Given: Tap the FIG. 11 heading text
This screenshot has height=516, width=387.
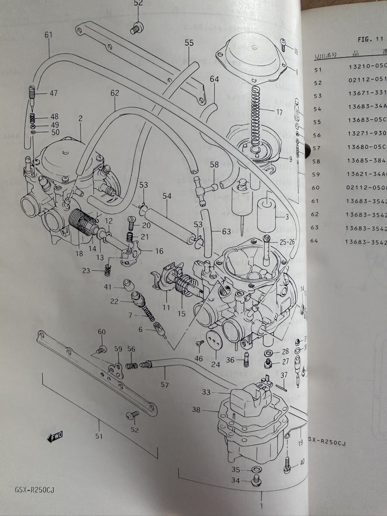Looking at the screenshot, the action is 370,39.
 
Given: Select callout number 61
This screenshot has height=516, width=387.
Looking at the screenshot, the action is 48,35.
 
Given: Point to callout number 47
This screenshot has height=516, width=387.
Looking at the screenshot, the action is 53,93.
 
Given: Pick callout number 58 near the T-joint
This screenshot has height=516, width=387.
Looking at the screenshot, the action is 215,165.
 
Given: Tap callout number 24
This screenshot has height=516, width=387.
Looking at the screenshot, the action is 215,364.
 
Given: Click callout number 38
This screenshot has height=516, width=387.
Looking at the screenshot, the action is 196,410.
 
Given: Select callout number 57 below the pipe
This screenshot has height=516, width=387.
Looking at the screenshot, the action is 165,384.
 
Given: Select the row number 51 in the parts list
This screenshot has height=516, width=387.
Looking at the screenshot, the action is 318,69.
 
